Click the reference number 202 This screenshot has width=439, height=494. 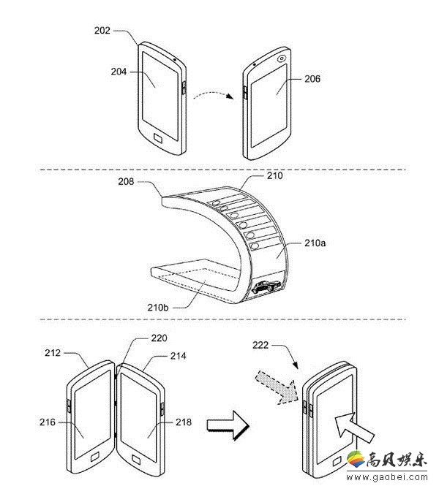pyautogui.click(x=102, y=31)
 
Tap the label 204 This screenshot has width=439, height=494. pyautogui.click(x=119, y=72)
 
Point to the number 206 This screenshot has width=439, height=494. pyautogui.click(x=312, y=79)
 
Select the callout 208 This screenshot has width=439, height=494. pyautogui.click(x=126, y=181)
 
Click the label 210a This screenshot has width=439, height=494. pyautogui.click(x=315, y=243)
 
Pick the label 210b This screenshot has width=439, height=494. pyautogui.click(x=158, y=307)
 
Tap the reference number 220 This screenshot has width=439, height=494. pyautogui.click(x=159, y=338)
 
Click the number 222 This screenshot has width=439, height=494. pyautogui.click(x=260, y=346)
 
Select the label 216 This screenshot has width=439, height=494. pyautogui.click(x=48, y=422)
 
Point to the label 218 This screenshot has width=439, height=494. pyautogui.click(x=184, y=422)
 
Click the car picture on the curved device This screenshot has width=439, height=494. pyautogui.click(x=267, y=286)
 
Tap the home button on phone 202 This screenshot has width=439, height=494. pyautogui.click(x=159, y=138)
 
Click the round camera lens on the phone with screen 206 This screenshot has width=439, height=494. pyautogui.click(x=282, y=58)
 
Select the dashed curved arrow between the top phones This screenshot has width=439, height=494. pyautogui.click(x=214, y=94)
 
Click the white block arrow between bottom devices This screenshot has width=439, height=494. pyautogui.click(x=228, y=425)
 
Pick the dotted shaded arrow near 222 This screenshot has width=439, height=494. pyautogui.click(x=277, y=387)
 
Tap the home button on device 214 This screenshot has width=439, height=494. pyautogui.click(x=136, y=460)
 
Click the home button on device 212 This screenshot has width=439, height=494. pyautogui.click(x=95, y=457)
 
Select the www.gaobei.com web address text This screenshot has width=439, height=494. pyautogui.click(x=387, y=477)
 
